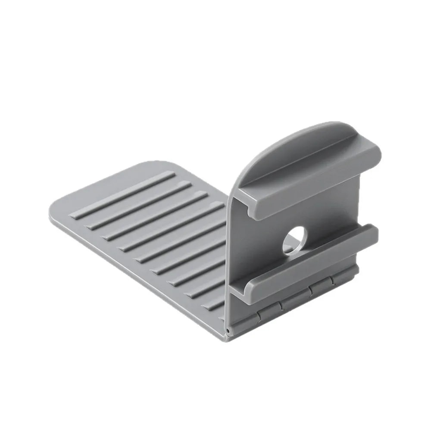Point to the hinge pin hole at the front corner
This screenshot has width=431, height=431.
coord(227,330)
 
